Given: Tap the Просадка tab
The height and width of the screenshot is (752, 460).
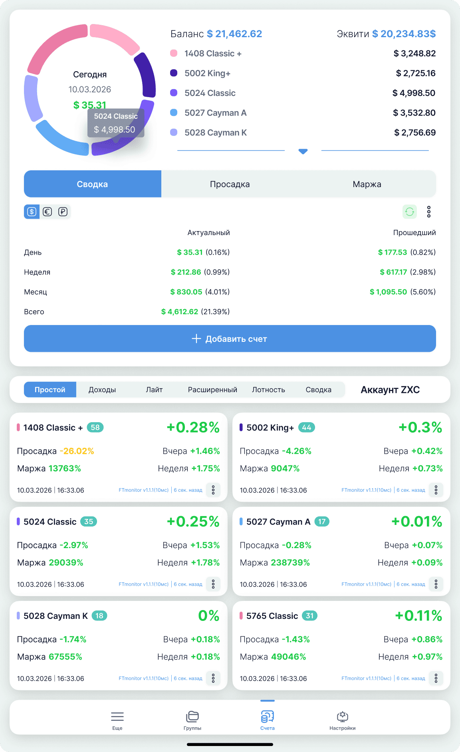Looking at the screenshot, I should click(230, 184).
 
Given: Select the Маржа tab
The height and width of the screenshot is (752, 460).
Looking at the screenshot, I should click(367, 184).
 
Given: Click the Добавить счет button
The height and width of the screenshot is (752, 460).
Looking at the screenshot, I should click(230, 339).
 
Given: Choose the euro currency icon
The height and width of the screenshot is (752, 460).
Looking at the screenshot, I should click(47, 212).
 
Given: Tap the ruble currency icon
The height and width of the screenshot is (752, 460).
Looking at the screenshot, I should click(63, 212).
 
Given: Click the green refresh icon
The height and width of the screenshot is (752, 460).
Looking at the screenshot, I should click(409, 211).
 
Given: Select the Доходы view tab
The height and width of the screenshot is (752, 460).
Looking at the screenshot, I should click(102, 390).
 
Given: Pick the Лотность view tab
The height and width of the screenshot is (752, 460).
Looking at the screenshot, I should click(268, 390).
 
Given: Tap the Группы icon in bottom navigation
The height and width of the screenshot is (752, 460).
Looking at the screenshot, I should click(192, 720).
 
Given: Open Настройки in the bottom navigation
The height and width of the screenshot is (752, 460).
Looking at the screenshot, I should click(342, 720).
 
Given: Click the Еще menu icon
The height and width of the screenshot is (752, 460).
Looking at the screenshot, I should click(117, 720).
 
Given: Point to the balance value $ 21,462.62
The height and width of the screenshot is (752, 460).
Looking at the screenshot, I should click(234, 34).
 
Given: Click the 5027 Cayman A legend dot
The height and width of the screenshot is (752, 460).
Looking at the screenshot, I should click(174, 113).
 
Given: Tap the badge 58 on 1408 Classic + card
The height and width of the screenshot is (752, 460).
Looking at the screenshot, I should click(95, 427).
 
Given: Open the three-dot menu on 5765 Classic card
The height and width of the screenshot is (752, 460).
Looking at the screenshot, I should click(436, 678).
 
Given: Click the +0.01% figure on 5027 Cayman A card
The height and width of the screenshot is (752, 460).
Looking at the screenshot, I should click(416, 522).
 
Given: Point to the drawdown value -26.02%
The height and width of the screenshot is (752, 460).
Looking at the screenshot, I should click(77, 451).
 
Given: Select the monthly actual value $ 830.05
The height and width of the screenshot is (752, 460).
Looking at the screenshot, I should click(186, 292).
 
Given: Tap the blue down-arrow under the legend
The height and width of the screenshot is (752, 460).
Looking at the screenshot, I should click(303, 151).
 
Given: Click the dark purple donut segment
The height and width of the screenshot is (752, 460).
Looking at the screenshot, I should click(146, 76).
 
